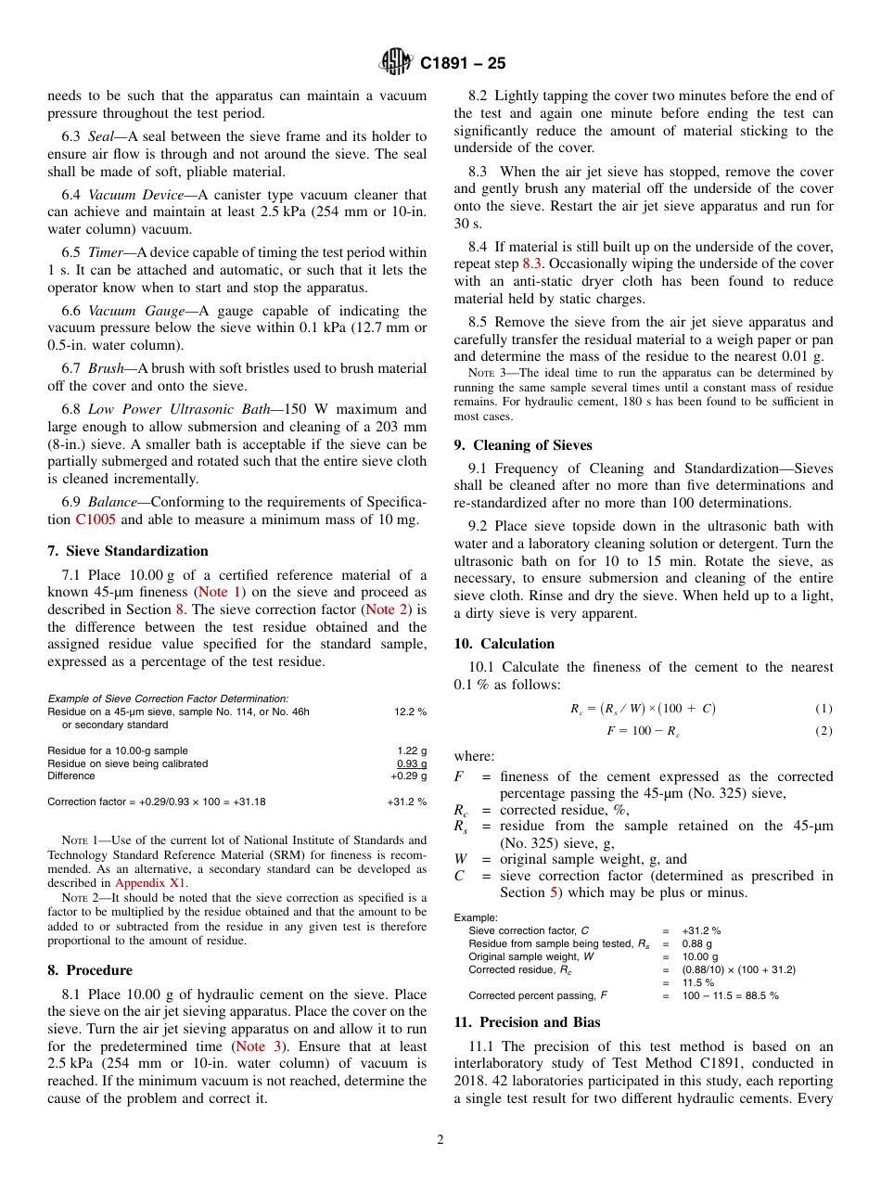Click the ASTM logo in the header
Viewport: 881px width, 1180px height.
(396, 63)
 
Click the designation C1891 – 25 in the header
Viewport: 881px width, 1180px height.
(462, 64)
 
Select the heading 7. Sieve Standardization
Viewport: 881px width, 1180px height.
(128, 551)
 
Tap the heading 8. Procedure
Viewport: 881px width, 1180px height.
(90, 970)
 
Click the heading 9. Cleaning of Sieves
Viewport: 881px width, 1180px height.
(523, 444)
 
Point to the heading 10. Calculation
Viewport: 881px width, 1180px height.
(504, 644)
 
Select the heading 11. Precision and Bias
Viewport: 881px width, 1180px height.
(527, 1022)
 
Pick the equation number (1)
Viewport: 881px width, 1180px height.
(824, 709)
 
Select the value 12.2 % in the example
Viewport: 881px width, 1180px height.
(410, 712)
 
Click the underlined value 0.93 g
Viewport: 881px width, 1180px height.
(412, 763)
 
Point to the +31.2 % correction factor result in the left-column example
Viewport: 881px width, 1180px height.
(407, 802)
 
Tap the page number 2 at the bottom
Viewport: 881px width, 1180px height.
(440, 1140)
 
